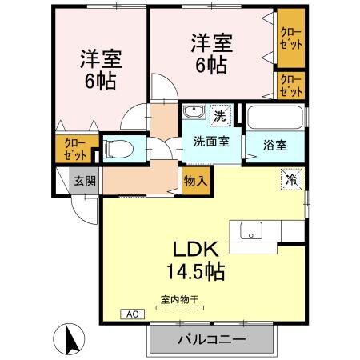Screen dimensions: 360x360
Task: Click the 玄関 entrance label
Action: pyautogui.click(x=85, y=181)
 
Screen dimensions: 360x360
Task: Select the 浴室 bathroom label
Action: pyautogui.click(x=276, y=146)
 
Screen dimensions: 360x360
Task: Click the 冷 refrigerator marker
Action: pyautogui.click(x=292, y=180)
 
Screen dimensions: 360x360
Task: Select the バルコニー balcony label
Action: pyautogui.click(x=211, y=339)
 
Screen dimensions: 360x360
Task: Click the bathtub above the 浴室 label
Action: pyautogui.click(x=274, y=119)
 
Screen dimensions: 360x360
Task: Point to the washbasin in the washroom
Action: pyautogui.click(x=192, y=113)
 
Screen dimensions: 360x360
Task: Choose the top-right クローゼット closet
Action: pyautogui.click(x=290, y=38)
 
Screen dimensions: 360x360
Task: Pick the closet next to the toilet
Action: pyautogui.click(x=76, y=149)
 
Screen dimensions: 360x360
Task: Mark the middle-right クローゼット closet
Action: pyautogui.click(x=290, y=85)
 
